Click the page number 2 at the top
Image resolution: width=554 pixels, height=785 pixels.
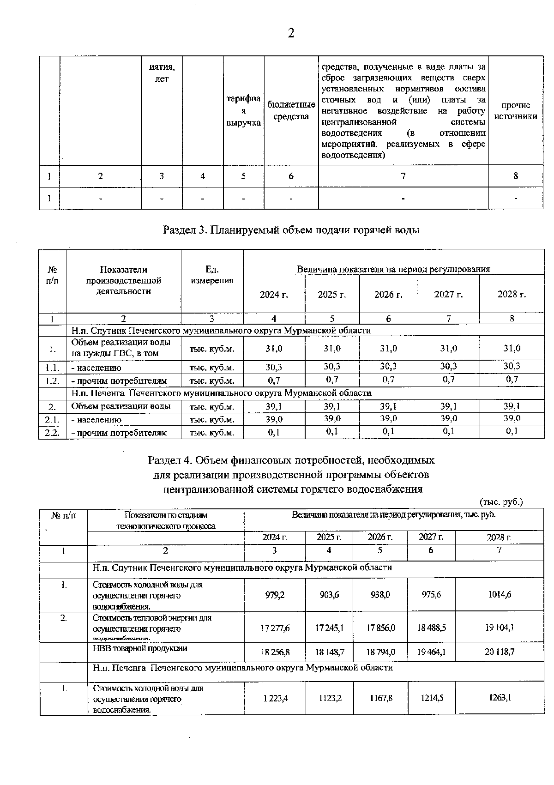[290, 33]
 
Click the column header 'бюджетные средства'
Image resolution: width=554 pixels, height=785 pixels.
[291, 111]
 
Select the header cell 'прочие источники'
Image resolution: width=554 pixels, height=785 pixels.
[516, 111]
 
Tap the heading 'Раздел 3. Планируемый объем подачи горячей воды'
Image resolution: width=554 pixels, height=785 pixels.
[291, 230]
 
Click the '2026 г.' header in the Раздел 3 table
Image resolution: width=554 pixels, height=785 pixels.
[388, 295]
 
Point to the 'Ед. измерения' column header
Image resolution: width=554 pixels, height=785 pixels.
[212, 275]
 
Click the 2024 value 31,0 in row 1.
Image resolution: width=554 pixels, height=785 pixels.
[274, 349]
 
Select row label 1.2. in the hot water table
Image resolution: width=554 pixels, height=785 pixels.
[52, 381]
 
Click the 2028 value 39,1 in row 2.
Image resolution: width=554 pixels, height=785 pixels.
[512, 406]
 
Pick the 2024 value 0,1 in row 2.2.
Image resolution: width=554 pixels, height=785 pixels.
[274, 433]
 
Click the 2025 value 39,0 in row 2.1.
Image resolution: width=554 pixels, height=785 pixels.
[332, 418]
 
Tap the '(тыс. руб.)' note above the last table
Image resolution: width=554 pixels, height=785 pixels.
[501, 502]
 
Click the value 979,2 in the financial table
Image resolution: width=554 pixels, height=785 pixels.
[275, 595]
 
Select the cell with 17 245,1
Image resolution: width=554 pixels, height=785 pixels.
[329, 628]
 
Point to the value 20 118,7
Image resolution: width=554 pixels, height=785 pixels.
[499, 652]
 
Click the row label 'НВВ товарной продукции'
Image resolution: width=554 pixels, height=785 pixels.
[140, 648]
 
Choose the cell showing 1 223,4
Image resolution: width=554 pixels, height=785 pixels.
[276, 699]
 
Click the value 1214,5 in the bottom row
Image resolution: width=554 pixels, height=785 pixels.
[432, 698]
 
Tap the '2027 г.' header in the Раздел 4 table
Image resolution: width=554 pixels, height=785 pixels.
[431, 537]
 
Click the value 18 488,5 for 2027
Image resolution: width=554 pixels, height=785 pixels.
[432, 628]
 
